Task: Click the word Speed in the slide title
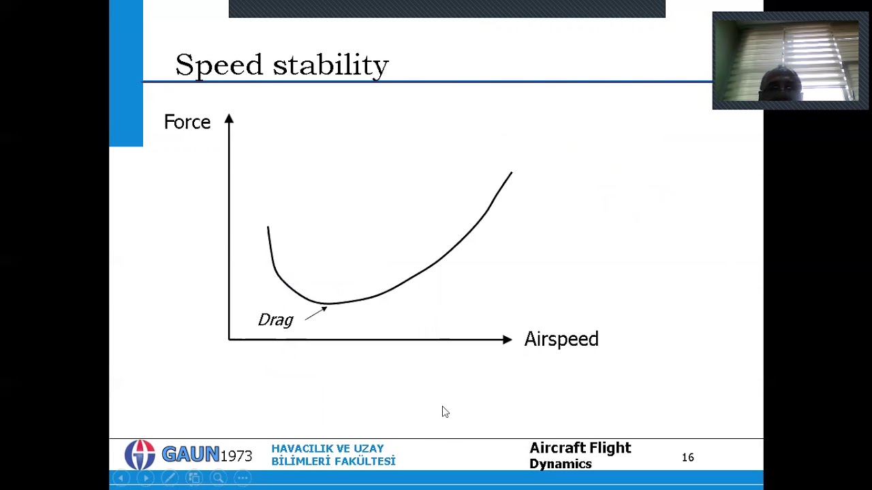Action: click(219, 66)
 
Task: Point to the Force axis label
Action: click(187, 122)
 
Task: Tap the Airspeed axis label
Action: click(561, 339)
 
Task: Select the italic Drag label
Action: click(275, 320)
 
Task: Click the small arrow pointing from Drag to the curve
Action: click(316, 313)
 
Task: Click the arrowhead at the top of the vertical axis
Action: click(229, 119)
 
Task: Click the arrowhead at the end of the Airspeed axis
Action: click(507, 339)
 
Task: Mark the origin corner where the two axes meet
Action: click(229, 339)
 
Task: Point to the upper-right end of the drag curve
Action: click(511, 174)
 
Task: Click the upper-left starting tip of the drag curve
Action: click(268, 228)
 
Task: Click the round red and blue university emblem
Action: click(140, 455)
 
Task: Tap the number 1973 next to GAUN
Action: click(236, 456)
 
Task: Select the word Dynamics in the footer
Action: click(560, 464)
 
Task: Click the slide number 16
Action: click(687, 457)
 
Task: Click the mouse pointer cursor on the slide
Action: click(445, 411)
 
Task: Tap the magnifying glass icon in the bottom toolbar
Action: click(218, 478)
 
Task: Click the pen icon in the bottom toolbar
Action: click(170, 478)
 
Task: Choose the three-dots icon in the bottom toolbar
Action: click(243, 478)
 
